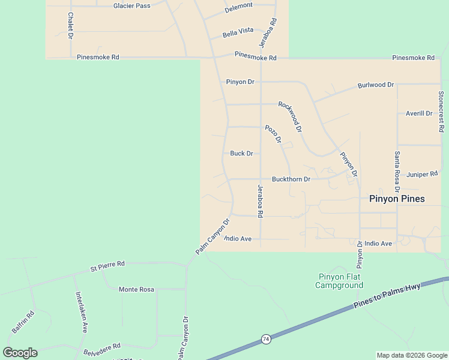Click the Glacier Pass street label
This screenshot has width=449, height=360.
point(132,5)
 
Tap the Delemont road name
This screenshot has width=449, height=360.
point(239,8)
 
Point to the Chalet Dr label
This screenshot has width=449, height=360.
point(70,26)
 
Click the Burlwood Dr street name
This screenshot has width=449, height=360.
point(376,85)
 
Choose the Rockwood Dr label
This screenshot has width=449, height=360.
point(290,116)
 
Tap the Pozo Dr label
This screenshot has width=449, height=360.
point(273,134)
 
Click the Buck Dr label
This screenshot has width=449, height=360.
point(241,154)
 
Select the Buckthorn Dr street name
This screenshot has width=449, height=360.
point(291,179)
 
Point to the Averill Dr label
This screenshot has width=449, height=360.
point(419,113)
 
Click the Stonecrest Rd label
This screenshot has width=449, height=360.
point(441,111)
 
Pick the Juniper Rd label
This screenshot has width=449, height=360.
point(422,175)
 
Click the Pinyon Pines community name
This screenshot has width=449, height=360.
point(397,199)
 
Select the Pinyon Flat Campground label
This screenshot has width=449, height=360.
point(339,281)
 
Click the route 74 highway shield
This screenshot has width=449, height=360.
point(265,340)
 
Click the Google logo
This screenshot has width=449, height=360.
point(20,353)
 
